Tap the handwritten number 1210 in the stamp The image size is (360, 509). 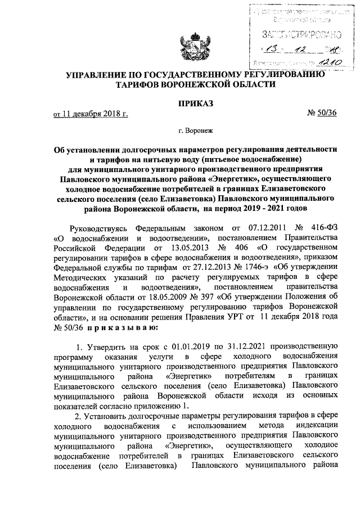[x=312, y=64]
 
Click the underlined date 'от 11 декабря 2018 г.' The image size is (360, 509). [x=91, y=115]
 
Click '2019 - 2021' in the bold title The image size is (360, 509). [x=262, y=209]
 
